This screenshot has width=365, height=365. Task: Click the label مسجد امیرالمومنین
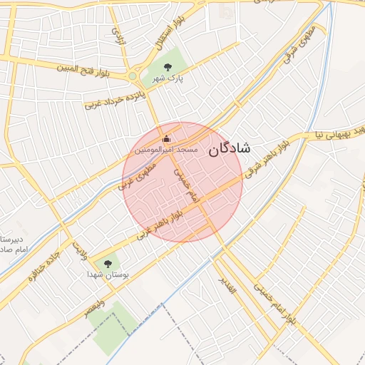point(165,151)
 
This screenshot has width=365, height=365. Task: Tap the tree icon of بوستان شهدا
point(108,263)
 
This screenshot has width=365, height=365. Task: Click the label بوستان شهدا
point(107,274)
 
